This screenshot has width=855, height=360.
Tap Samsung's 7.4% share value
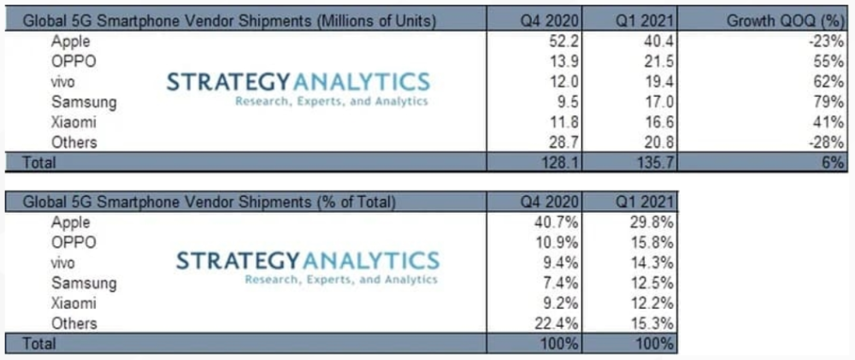(560, 283)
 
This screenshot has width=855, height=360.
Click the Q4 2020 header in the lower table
(553, 202)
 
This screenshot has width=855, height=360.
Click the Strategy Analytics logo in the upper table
(298, 89)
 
